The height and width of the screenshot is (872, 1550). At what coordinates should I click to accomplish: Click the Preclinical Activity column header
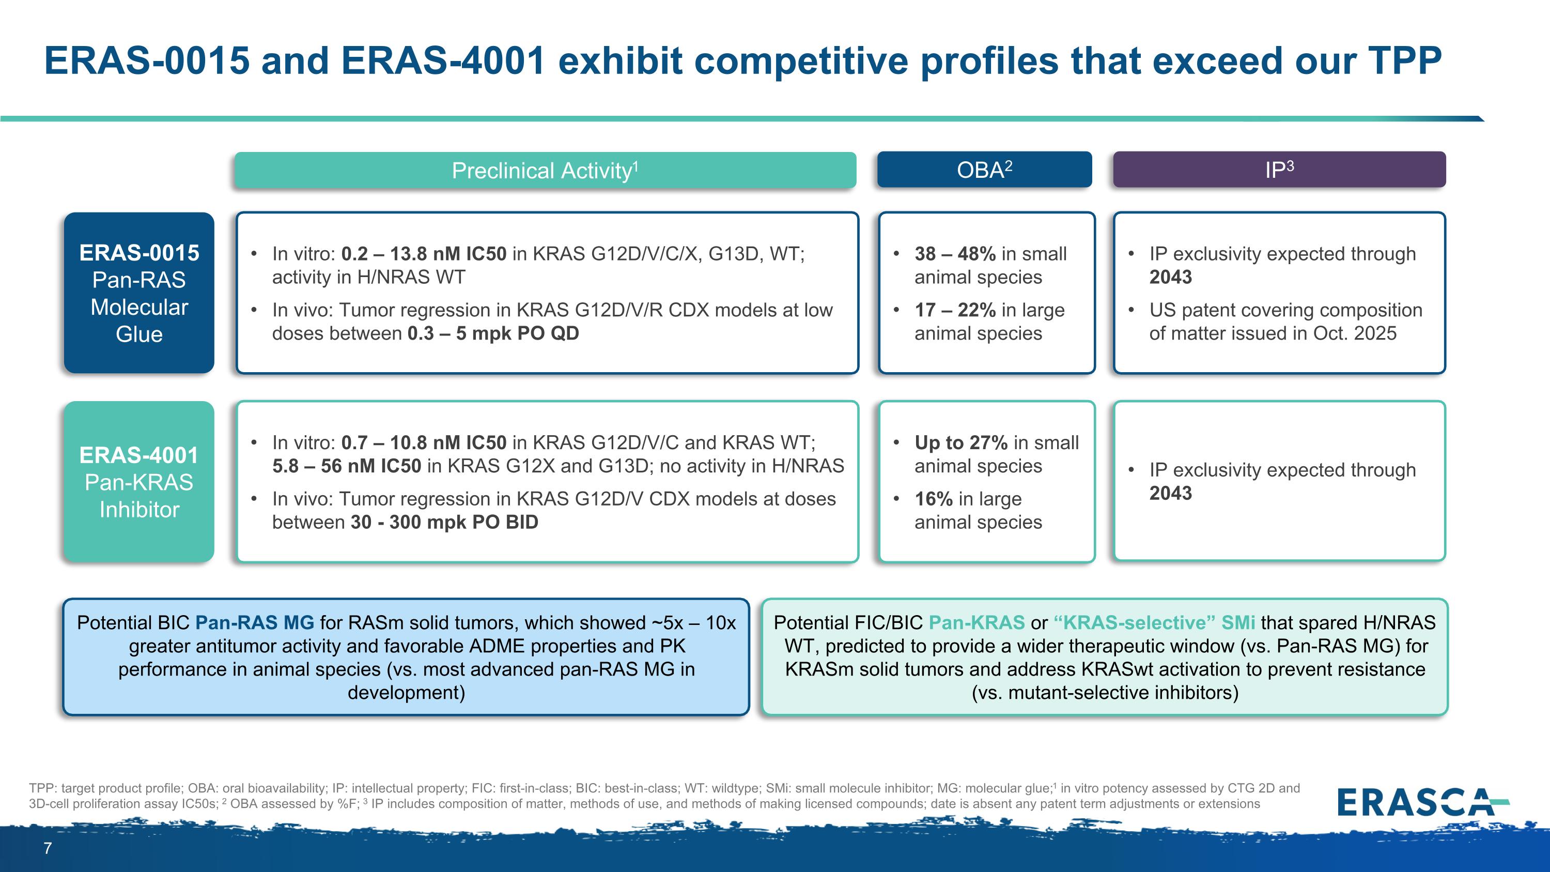click(545, 170)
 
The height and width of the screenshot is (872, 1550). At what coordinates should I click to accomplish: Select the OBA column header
click(984, 170)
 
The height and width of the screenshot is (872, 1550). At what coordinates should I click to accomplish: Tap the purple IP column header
click(1279, 170)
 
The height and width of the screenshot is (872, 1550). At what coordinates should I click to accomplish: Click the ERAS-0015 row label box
click(139, 293)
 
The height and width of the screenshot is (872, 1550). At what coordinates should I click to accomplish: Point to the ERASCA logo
click(1422, 802)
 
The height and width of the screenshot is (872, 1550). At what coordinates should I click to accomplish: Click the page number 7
click(48, 849)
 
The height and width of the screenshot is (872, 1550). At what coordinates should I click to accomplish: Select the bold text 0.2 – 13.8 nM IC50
click(424, 254)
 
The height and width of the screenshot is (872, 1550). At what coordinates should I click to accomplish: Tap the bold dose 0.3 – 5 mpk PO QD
click(493, 333)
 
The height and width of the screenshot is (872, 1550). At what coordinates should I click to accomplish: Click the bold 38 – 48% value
click(955, 254)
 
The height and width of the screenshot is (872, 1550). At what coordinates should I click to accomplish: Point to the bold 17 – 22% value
click(955, 310)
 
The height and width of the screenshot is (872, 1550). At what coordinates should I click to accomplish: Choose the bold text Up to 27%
click(961, 443)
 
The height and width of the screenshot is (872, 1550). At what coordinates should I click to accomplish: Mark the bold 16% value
click(933, 499)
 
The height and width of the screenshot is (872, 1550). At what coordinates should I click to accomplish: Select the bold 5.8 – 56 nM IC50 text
click(347, 466)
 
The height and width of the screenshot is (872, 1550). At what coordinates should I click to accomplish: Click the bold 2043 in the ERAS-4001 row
click(1170, 494)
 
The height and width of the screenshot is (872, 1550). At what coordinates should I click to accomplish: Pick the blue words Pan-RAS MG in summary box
click(255, 623)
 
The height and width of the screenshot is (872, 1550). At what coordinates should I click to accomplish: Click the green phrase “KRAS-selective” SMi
click(1155, 623)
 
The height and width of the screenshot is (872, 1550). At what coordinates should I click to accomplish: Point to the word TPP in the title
click(1404, 61)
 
